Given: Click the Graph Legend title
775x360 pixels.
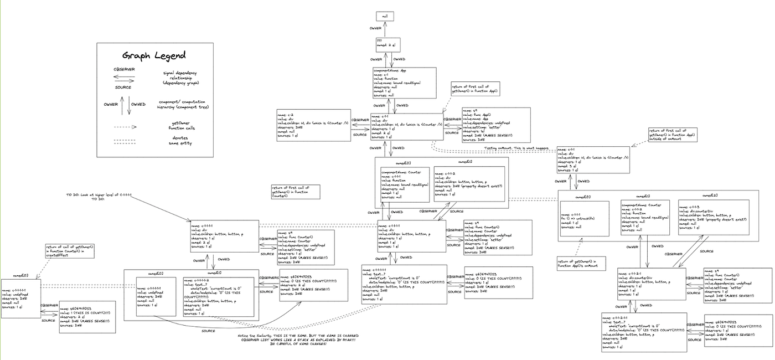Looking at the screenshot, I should pyautogui.click(x=154, y=55).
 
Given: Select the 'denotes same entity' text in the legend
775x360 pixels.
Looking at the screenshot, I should pyautogui.click(x=180, y=141).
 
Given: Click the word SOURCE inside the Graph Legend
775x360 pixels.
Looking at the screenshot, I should pyautogui.click(x=122, y=87).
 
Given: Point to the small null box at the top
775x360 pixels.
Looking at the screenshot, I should pyautogui.click(x=384, y=16).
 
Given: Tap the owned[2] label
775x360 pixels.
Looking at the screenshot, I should pyautogui.click(x=710, y=196).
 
